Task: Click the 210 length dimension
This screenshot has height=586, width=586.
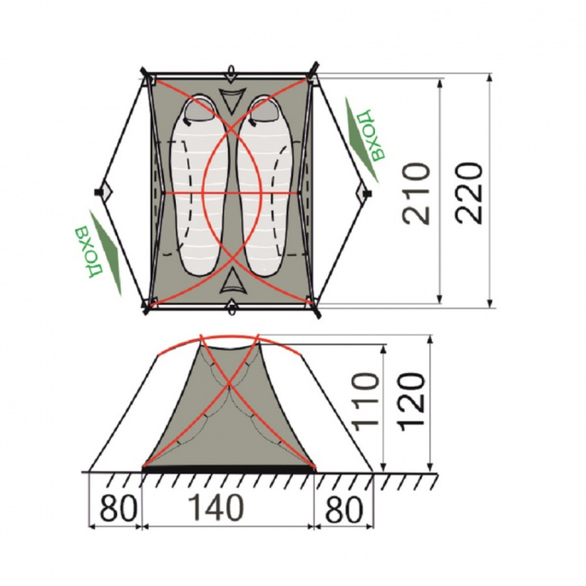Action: [416, 193]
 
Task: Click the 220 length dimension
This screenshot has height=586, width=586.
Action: [469, 193]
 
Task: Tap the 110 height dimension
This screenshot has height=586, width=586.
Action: [366, 402]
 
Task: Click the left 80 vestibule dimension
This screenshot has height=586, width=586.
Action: [118, 508]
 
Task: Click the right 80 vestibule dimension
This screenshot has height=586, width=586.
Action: [343, 508]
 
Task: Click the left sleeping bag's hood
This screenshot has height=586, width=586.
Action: [199, 110]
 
